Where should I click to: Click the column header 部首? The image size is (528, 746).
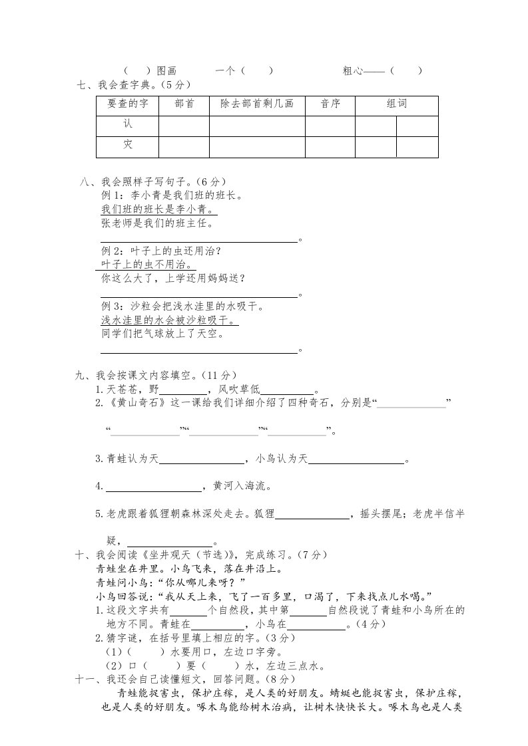point(184,104)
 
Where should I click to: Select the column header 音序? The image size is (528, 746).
point(330,104)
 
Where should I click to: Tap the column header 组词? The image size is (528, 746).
point(397,104)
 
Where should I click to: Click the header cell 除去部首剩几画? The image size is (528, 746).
point(257,104)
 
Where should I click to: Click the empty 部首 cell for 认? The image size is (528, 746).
point(184,126)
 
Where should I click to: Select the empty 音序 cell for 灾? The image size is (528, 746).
point(330,146)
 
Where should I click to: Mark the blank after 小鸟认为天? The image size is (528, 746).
point(356,459)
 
